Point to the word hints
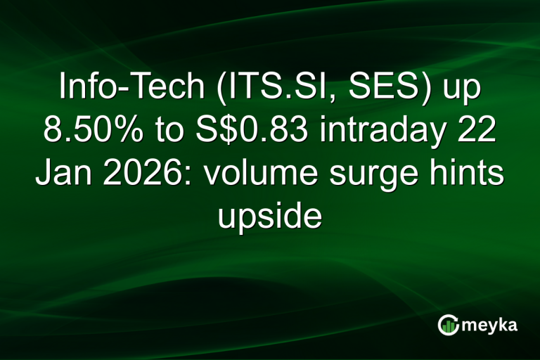click(468, 173)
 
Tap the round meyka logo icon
click(449, 325)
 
